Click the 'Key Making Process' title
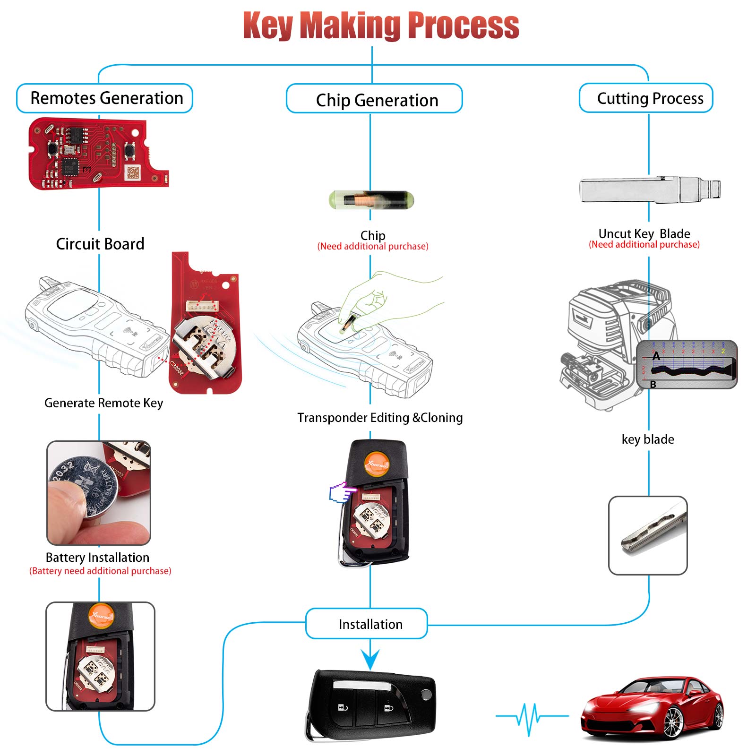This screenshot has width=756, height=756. click(x=381, y=26)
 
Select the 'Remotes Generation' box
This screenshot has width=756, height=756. click(x=105, y=98)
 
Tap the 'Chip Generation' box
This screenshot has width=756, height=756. click(x=375, y=100)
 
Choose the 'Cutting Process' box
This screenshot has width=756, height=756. click(x=646, y=98)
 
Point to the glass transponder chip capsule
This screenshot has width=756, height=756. click(x=371, y=200)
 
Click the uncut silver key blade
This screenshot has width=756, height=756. click(x=649, y=191)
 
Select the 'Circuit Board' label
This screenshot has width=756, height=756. click(x=100, y=244)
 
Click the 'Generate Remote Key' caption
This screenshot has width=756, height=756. click(x=103, y=403)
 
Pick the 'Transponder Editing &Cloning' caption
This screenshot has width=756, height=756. click(x=380, y=418)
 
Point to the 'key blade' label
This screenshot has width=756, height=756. click(x=648, y=439)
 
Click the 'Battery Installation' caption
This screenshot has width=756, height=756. click(x=97, y=558)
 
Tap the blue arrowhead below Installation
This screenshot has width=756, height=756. click(x=370, y=659)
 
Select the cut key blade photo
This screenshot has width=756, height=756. click(x=648, y=535)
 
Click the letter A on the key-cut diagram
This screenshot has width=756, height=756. click(x=656, y=356)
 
